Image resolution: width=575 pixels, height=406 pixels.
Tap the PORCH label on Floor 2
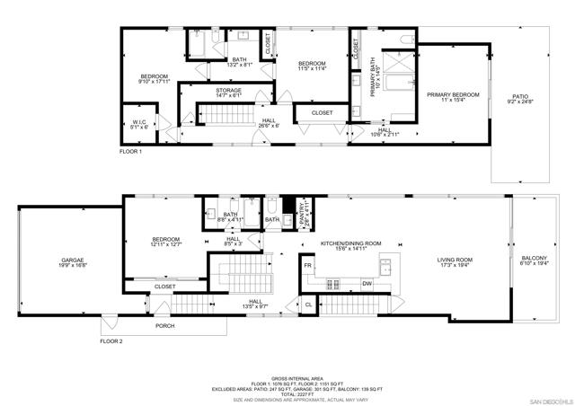[x=165, y=326]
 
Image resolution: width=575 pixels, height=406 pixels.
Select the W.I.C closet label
[x=139, y=124]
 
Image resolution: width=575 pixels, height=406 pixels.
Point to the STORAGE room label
[x=228, y=92]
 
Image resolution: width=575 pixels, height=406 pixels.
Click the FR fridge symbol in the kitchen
[x=307, y=266]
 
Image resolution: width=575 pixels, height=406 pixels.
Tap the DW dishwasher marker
[x=367, y=284]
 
